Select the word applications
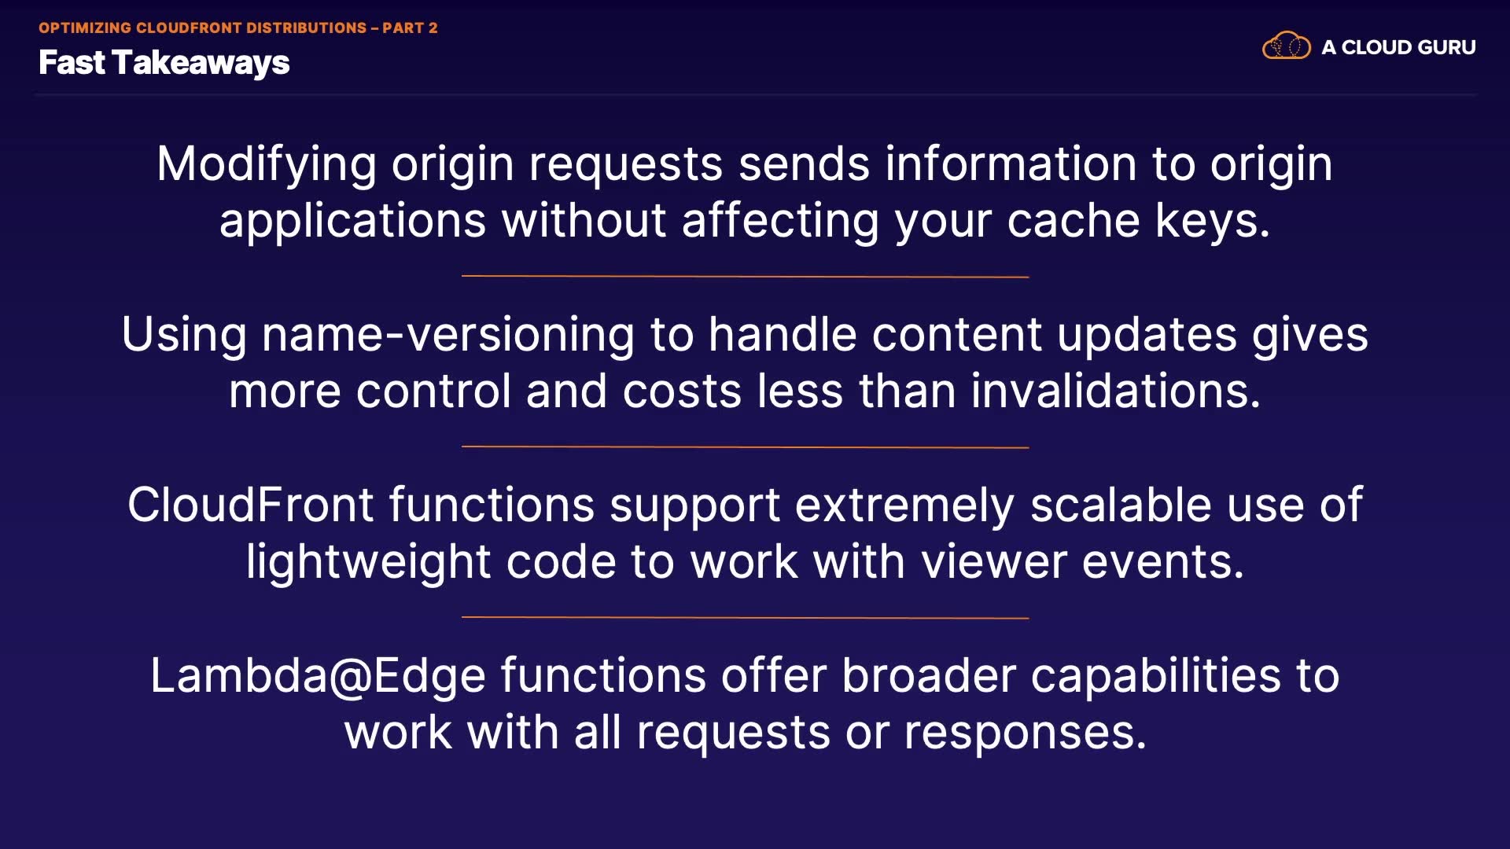[352, 221]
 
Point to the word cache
[1074, 221]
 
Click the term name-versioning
[448, 335]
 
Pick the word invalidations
[1116, 391]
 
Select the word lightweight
[369, 562]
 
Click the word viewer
[993, 563]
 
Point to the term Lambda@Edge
[318, 676]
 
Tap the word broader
[929, 675]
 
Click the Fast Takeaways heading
[164, 63]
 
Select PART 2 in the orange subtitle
[410, 28]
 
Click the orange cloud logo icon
[1287, 46]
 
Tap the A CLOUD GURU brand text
[1398, 47]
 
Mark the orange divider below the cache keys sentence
[745, 277]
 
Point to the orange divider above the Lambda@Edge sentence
[745, 618]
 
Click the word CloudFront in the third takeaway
[250, 505]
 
